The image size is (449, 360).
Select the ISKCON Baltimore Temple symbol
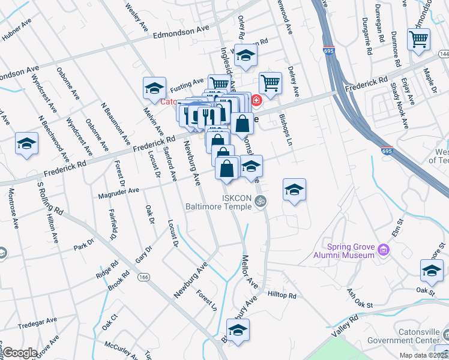260,201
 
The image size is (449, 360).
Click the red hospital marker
256,100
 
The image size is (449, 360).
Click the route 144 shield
444,55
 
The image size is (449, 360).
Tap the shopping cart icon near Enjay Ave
418,40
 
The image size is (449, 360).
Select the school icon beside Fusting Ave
154,89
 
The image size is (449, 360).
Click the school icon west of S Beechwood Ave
26,144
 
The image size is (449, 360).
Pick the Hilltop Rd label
282,296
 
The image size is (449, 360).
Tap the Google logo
20,353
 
